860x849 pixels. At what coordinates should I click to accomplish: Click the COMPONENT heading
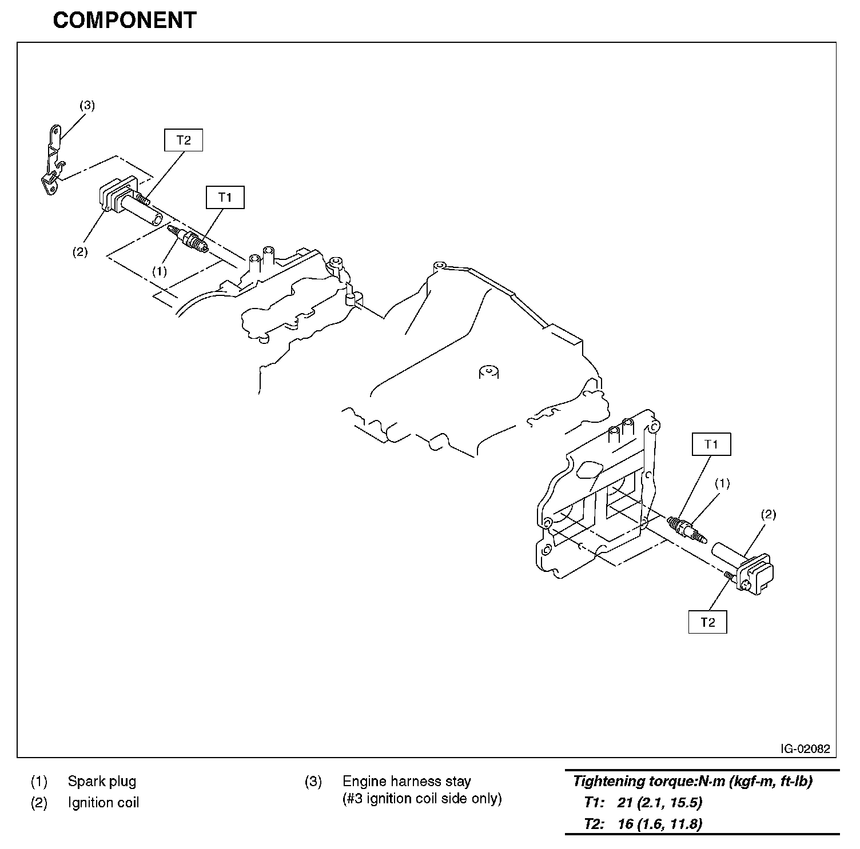(x=125, y=21)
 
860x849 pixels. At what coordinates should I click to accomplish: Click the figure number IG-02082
(x=806, y=748)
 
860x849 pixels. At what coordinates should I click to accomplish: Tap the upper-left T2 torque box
(x=184, y=141)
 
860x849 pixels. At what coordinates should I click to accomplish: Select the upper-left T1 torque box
(x=225, y=197)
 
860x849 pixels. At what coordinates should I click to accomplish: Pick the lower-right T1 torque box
(x=711, y=444)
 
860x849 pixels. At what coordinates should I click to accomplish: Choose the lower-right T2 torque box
(x=708, y=622)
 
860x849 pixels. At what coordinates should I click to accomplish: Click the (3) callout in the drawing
(x=87, y=105)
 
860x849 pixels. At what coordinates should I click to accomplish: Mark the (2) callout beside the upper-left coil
(x=80, y=251)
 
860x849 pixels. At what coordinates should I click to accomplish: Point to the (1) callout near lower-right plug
(x=722, y=483)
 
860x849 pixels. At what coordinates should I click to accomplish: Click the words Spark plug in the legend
(x=102, y=781)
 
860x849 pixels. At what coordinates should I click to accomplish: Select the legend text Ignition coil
(x=103, y=803)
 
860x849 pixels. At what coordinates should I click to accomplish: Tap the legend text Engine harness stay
(x=407, y=781)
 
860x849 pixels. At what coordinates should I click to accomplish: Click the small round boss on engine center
(x=488, y=371)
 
